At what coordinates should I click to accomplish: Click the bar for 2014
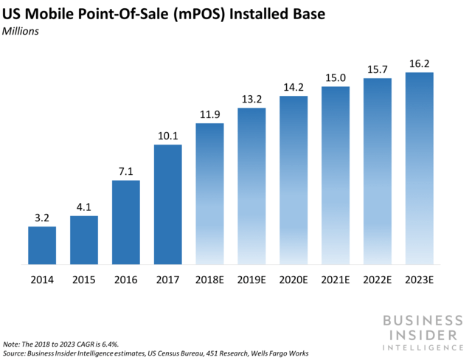click(42, 245)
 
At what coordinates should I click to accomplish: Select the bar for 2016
click(125, 222)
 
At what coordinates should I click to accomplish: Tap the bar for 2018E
click(209, 193)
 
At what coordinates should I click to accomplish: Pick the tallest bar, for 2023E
click(419, 167)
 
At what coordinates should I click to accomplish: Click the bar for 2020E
click(294, 179)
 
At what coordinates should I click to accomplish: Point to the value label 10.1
click(167, 135)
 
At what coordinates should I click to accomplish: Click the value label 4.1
click(84, 207)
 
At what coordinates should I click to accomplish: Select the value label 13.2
click(251, 99)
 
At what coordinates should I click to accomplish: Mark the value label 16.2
click(419, 63)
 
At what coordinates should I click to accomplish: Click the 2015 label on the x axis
click(84, 280)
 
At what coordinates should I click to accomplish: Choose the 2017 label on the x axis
click(167, 280)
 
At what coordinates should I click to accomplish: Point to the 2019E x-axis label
click(251, 280)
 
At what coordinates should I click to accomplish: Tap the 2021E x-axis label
click(336, 280)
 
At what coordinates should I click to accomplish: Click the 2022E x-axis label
click(377, 280)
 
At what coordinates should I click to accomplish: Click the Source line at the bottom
click(155, 353)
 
